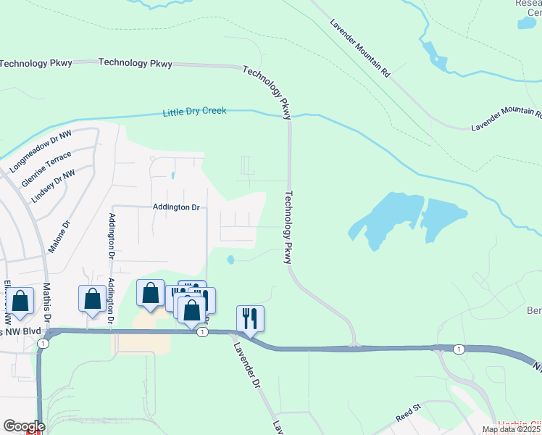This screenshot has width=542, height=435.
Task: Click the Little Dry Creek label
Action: click(x=194, y=112)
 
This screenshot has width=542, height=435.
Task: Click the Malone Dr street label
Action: click(x=59, y=238)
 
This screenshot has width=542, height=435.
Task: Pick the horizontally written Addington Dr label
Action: click(x=175, y=207)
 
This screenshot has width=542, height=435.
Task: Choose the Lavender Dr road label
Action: click(x=247, y=362)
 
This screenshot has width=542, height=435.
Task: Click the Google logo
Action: click(x=24, y=426)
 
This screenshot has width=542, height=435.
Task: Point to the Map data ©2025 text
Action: click(x=512, y=429)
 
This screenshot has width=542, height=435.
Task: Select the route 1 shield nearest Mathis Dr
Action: click(x=43, y=343)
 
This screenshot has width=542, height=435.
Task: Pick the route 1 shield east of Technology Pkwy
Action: click(x=459, y=349)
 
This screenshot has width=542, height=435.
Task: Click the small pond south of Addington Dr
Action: click(x=230, y=260)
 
